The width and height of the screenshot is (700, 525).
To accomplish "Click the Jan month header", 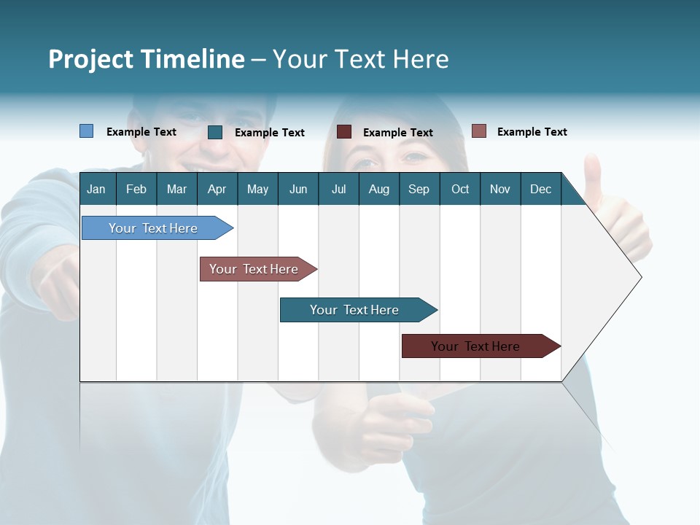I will tap(96, 189).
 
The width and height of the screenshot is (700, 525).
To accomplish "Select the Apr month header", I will tap(217, 189).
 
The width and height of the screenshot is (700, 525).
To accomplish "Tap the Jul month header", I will tap(338, 189).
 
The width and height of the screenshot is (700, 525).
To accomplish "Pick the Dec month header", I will tap(540, 189).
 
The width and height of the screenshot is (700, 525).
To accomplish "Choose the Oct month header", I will tap(460, 189).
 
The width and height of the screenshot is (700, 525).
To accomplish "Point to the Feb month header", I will tap(136, 189).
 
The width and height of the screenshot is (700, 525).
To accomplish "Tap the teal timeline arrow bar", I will tap(355, 310).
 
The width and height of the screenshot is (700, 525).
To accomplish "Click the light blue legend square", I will tap(86, 131).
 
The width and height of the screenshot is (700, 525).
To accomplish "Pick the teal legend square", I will tap(215, 132).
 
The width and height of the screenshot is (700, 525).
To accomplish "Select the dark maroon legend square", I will tap(344, 132).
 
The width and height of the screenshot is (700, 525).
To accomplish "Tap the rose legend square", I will tap(478, 131).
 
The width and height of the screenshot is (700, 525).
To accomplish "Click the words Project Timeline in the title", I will tap(146, 59).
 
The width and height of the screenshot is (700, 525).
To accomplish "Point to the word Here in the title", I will tap(420, 59).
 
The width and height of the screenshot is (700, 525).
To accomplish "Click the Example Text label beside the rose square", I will tap(532, 132).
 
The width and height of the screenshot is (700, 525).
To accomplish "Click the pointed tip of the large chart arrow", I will tap(639, 277).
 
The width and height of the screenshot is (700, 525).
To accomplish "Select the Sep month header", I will tap(419, 189).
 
